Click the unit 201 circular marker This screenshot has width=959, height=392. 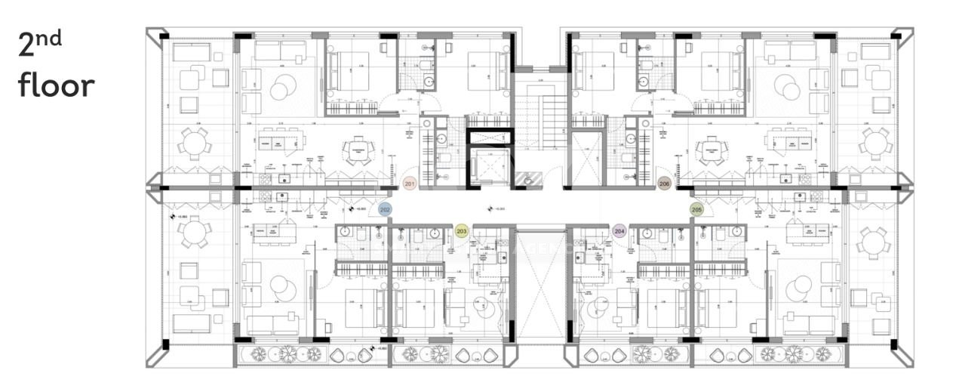pyautogui.click(x=410, y=184)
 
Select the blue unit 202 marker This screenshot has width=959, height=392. pyautogui.click(x=385, y=209)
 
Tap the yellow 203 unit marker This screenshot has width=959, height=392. pyautogui.click(x=463, y=231)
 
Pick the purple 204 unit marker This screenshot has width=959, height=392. pyautogui.click(x=619, y=231)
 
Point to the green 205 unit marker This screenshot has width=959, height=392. pyautogui.click(x=696, y=209)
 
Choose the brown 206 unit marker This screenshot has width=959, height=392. pyautogui.click(x=664, y=184)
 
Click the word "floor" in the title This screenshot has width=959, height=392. pyautogui.click(x=57, y=85)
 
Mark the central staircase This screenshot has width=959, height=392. pyautogui.click(x=539, y=121)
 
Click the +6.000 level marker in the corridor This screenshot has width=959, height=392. pyautogui.click(x=495, y=209)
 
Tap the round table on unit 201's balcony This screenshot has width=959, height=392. pyautogui.click(x=195, y=142)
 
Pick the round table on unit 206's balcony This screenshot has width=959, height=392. pyautogui.click(x=876, y=142)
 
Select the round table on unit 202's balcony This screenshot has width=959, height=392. pyautogui.click(x=195, y=232)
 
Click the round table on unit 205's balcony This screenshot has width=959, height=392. pyautogui.click(x=875, y=242)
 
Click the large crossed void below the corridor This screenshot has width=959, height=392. pyautogui.click(x=539, y=285)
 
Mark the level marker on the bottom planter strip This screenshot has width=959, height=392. pyautogui.click(x=367, y=350)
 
